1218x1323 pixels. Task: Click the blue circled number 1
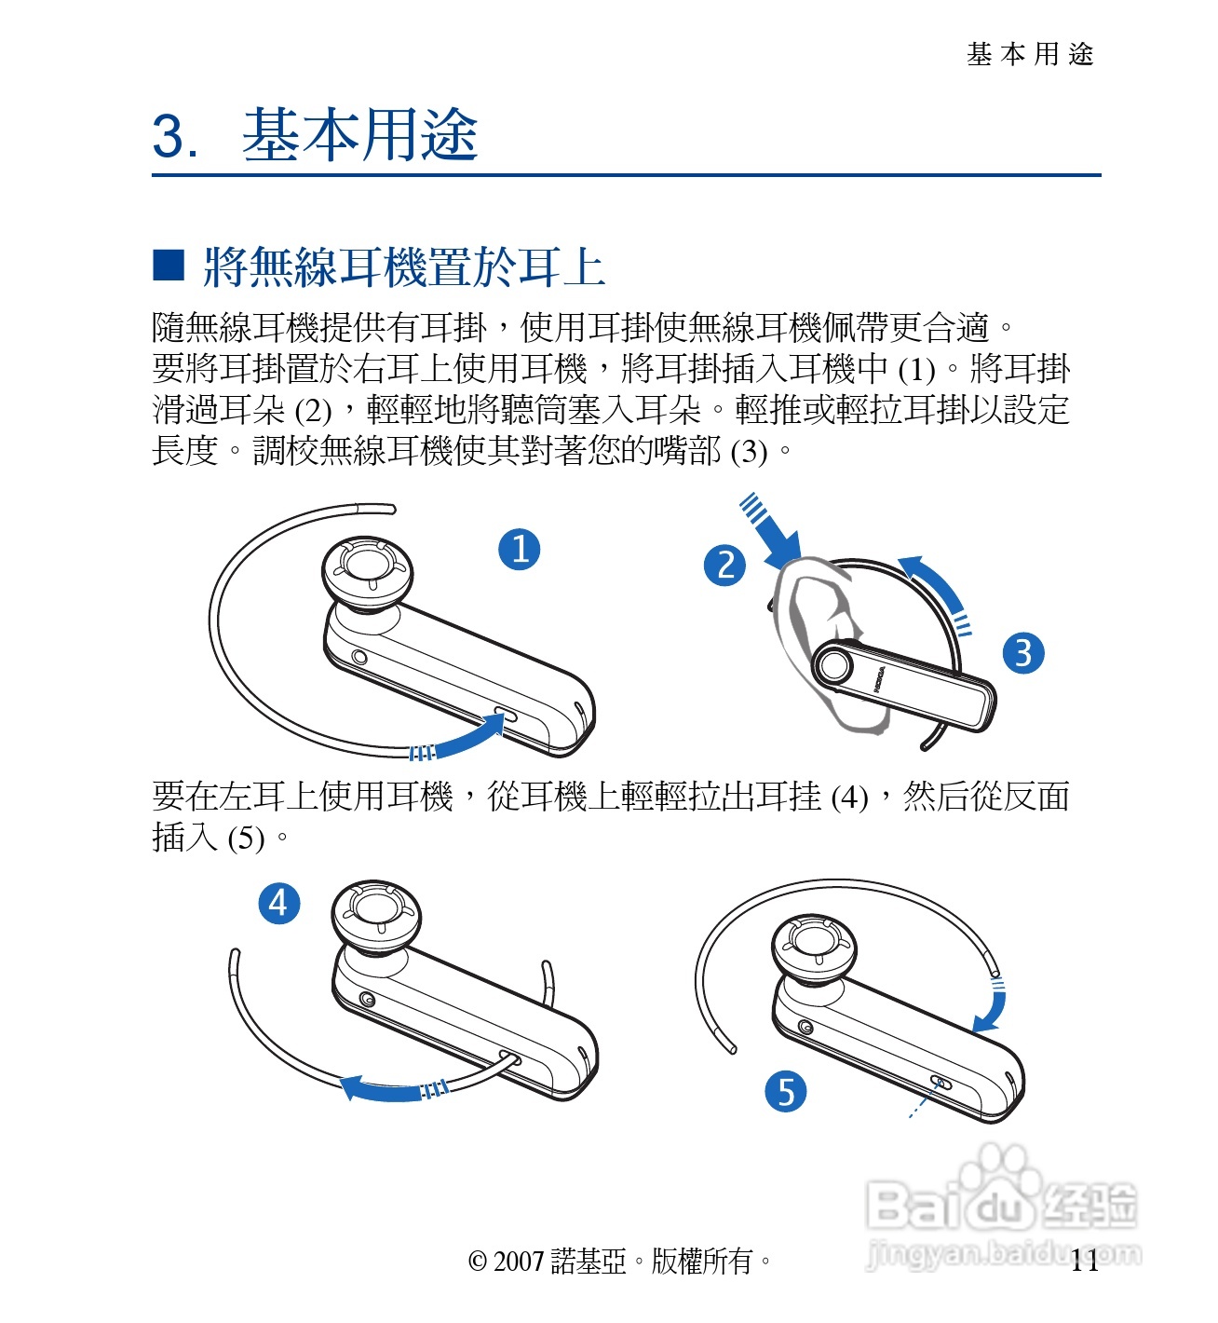(x=519, y=550)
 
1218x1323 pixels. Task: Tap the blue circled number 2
(x=724, y=566)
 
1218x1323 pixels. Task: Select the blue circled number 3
(x=1023, y=653)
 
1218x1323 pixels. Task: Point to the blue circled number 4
(x=279, y=903)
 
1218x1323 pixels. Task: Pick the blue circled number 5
(x=785, y=1091)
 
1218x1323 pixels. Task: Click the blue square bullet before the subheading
(x=169, y=266)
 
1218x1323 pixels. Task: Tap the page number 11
(x=1085, y=1261)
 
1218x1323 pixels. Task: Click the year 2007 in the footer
(x=519, y=1262)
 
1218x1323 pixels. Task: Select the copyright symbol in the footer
(x=477, y=1262)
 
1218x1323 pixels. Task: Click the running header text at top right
(x=1030, y=55)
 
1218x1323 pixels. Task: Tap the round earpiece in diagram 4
(x=376, y=917)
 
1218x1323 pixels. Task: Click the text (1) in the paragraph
(x=916, y=370)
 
